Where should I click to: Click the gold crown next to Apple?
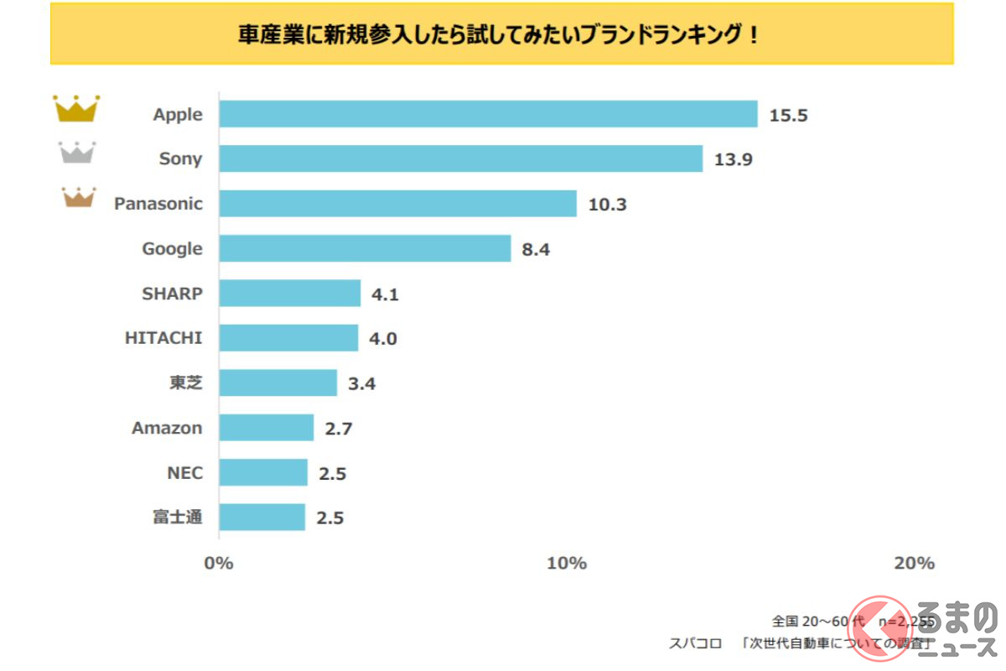click(76, 109)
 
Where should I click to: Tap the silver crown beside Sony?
click(76, 153)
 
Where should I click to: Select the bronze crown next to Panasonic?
click(79, 198)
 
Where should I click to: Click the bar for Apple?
click(488, 114)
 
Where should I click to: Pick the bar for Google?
click(365, 248)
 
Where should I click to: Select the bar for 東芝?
click(277, 383)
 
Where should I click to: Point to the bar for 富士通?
click(262, 518)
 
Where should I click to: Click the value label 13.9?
click(733, 159)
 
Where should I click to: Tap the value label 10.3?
click(607, 204)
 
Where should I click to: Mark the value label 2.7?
click(338, 429)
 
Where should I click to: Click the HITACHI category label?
click(163, 338)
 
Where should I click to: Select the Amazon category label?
click(167, 428)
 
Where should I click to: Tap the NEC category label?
click(184, 473)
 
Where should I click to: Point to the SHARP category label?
click(172, 294)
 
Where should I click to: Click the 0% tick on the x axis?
click(219, 563)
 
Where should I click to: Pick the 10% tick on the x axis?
click(567, 563)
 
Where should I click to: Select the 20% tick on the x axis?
click(914, 563)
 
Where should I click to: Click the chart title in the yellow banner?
click(501, 36)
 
